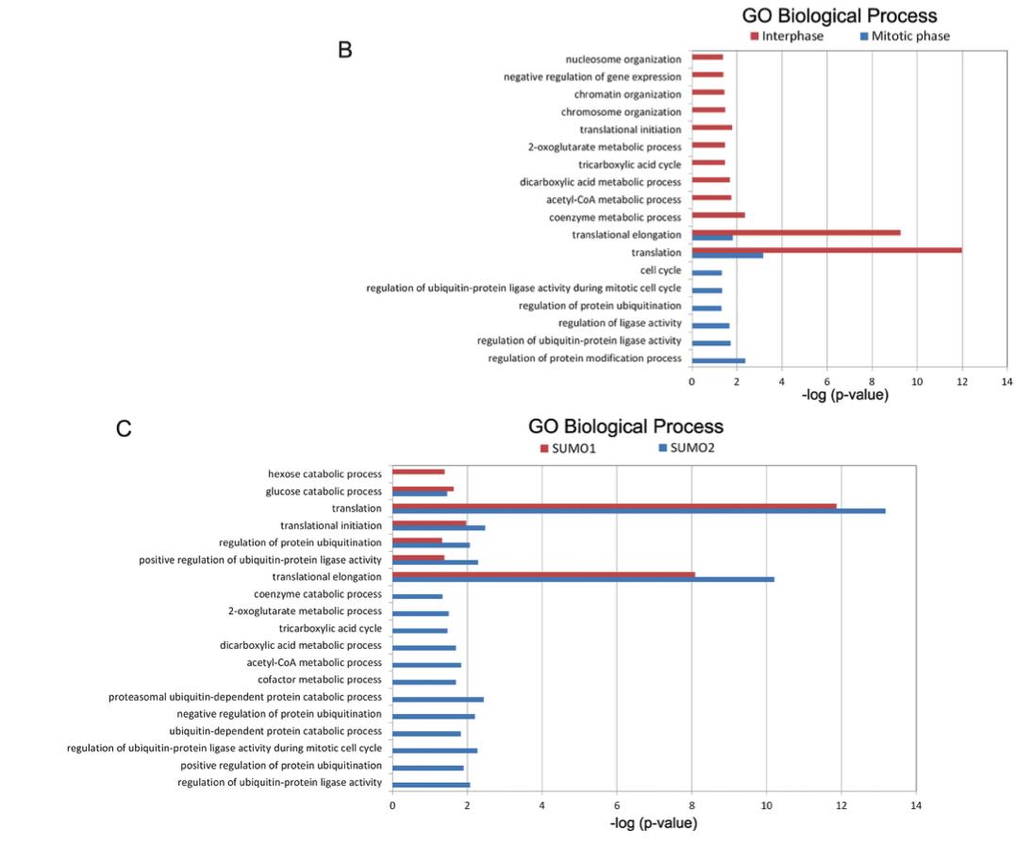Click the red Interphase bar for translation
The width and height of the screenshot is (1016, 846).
[x=826, y=250]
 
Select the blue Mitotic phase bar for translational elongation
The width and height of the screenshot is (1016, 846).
[x=712, y=238]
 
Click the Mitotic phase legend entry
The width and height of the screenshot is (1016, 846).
[x=903, y=37]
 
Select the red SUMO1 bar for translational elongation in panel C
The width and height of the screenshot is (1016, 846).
[x=543, y=573]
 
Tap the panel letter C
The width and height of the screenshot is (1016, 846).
[x=123, y=430]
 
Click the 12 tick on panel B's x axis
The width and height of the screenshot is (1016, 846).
[x=962, y=381]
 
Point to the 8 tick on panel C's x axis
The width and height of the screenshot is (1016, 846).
[x=691, y=805]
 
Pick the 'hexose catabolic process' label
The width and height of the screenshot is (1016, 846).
[x=325, y=473]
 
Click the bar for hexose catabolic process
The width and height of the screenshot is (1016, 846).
[x=418, y=472]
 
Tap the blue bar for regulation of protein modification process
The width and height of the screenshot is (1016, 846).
[x=718, y=360]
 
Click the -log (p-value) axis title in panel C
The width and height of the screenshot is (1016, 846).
[x=655, y=823]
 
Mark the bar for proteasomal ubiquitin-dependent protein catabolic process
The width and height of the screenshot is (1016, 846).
[x=438, y=699]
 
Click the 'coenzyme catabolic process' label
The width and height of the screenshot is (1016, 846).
[x=317, y=594]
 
